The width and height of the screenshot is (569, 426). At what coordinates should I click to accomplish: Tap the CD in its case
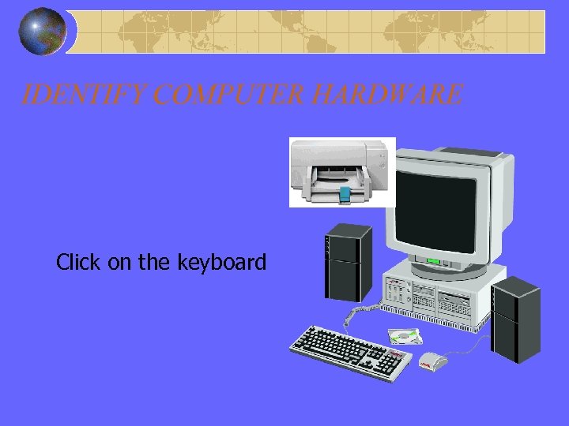tap(404, 337)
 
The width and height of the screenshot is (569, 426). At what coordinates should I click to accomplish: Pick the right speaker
tap(515, 319)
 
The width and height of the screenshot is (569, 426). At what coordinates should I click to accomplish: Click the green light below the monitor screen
tap(433, 261)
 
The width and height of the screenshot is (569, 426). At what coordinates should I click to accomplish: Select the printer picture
tap(341, 171)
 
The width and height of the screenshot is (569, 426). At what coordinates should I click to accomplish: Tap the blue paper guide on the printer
tap(345, 194)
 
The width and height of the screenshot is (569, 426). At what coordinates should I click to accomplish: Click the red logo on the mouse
tap(425, 364)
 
